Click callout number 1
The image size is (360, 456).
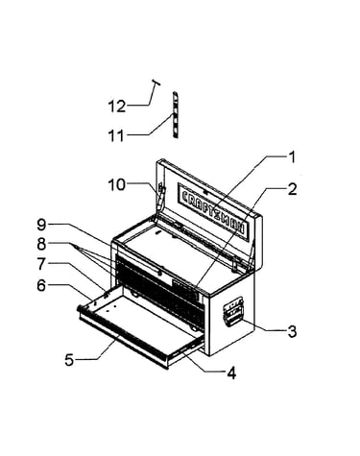292,157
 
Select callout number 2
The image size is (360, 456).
292,189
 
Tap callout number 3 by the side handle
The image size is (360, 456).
292,331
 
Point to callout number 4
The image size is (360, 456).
231,373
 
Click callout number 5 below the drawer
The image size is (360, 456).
69,360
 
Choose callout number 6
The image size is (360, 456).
41,285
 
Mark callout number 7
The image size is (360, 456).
41,264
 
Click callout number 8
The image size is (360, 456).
41,245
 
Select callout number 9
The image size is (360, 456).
41,225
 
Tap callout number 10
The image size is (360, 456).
117,184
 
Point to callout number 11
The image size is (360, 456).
116,136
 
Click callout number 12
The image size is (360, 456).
117,107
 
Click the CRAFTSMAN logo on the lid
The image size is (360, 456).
212,211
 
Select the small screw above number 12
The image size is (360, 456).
156,83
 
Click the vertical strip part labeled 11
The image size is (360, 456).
176,115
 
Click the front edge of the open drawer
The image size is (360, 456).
123,340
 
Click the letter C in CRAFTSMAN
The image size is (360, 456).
185,196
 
